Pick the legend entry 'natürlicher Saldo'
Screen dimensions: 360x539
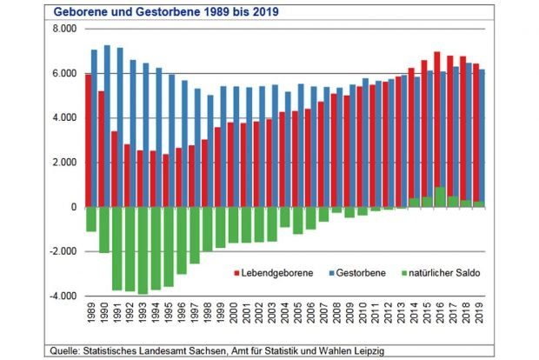[x=438, y=273]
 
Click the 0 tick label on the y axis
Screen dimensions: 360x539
[x=74, y=207]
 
